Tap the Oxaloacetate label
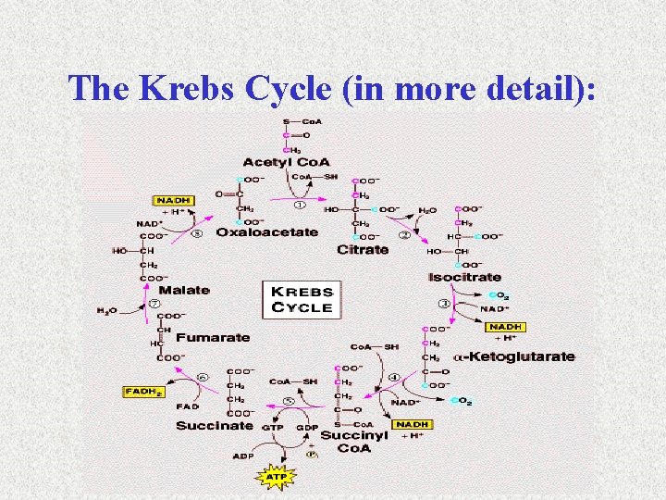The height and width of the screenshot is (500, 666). (266, 232)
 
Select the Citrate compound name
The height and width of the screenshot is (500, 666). (363, 250)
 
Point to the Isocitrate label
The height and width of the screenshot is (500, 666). (464, 277)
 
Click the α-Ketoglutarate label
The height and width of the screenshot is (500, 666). (513, 356)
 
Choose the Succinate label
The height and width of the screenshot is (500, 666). (215, 426)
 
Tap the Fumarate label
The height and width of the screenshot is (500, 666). (214, 338)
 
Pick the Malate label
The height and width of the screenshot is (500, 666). (184, 290)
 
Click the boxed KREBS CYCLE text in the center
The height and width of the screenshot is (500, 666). (302, 298)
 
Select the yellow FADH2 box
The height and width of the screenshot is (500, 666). (143, 392)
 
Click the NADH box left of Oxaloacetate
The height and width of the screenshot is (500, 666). (174, 200)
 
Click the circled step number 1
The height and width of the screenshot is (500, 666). (299, 205)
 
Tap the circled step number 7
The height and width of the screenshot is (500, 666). (155, 303)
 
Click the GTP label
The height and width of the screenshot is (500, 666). (273, 429)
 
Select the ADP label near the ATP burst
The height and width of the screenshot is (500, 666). (242, 456)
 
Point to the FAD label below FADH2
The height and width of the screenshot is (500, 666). (189, 406)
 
